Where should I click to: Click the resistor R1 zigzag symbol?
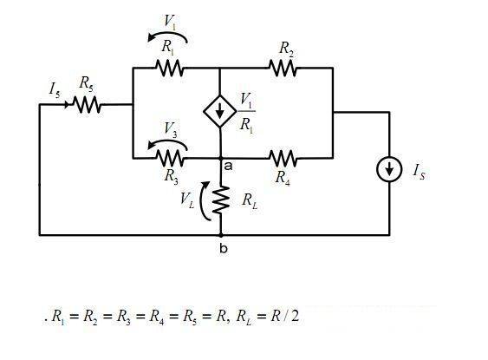click(x=169, y=68)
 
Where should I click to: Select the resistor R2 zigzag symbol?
click(x=283, y=68)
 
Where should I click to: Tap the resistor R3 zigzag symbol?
click(x=169, y=158)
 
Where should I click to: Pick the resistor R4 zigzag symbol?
click(x=283, y=158)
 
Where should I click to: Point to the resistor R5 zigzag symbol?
click(x=87, y=105)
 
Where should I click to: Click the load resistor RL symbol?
click(x=221, y=200)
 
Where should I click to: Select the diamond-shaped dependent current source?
click(x=220, y=111)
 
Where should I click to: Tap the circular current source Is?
click(x=389, y=169)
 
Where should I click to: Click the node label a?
click(x=228, y=167)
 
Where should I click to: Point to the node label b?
click(x=224, y=248)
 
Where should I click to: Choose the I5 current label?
click(x=55, y=89)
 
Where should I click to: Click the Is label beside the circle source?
click(x=419, y=172)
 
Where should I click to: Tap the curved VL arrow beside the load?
click(x=202, y=201)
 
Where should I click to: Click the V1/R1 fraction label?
click(x=247, y=113)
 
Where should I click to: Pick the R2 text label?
click(x=286, y=49)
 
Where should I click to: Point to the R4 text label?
click(x=283, y=178)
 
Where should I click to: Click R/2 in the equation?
click(x=284, y=316)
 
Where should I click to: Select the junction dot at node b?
click(x=221, y=235)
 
